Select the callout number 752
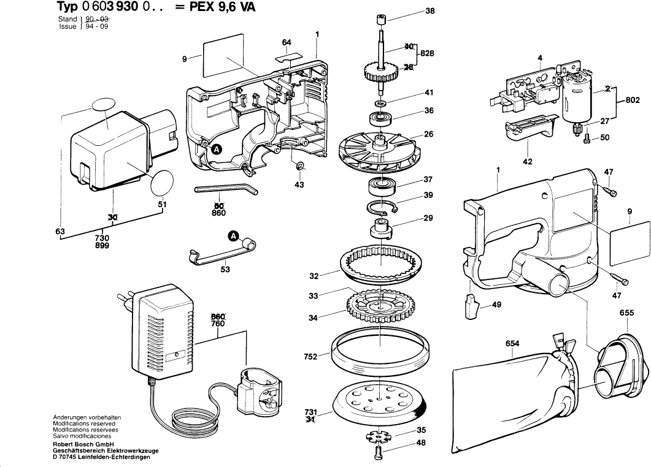tap(310, 356)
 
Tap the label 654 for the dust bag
tap(513, 344)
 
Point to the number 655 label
tap(626, 313)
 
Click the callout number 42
tap(527, 162)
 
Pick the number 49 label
tap(496, 305)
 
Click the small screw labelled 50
tap(587, 140)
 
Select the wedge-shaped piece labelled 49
tap(471, 306)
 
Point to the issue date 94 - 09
tap(96, 27)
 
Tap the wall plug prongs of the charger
tap(121, 302)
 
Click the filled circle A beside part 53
tap(233, 237)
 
